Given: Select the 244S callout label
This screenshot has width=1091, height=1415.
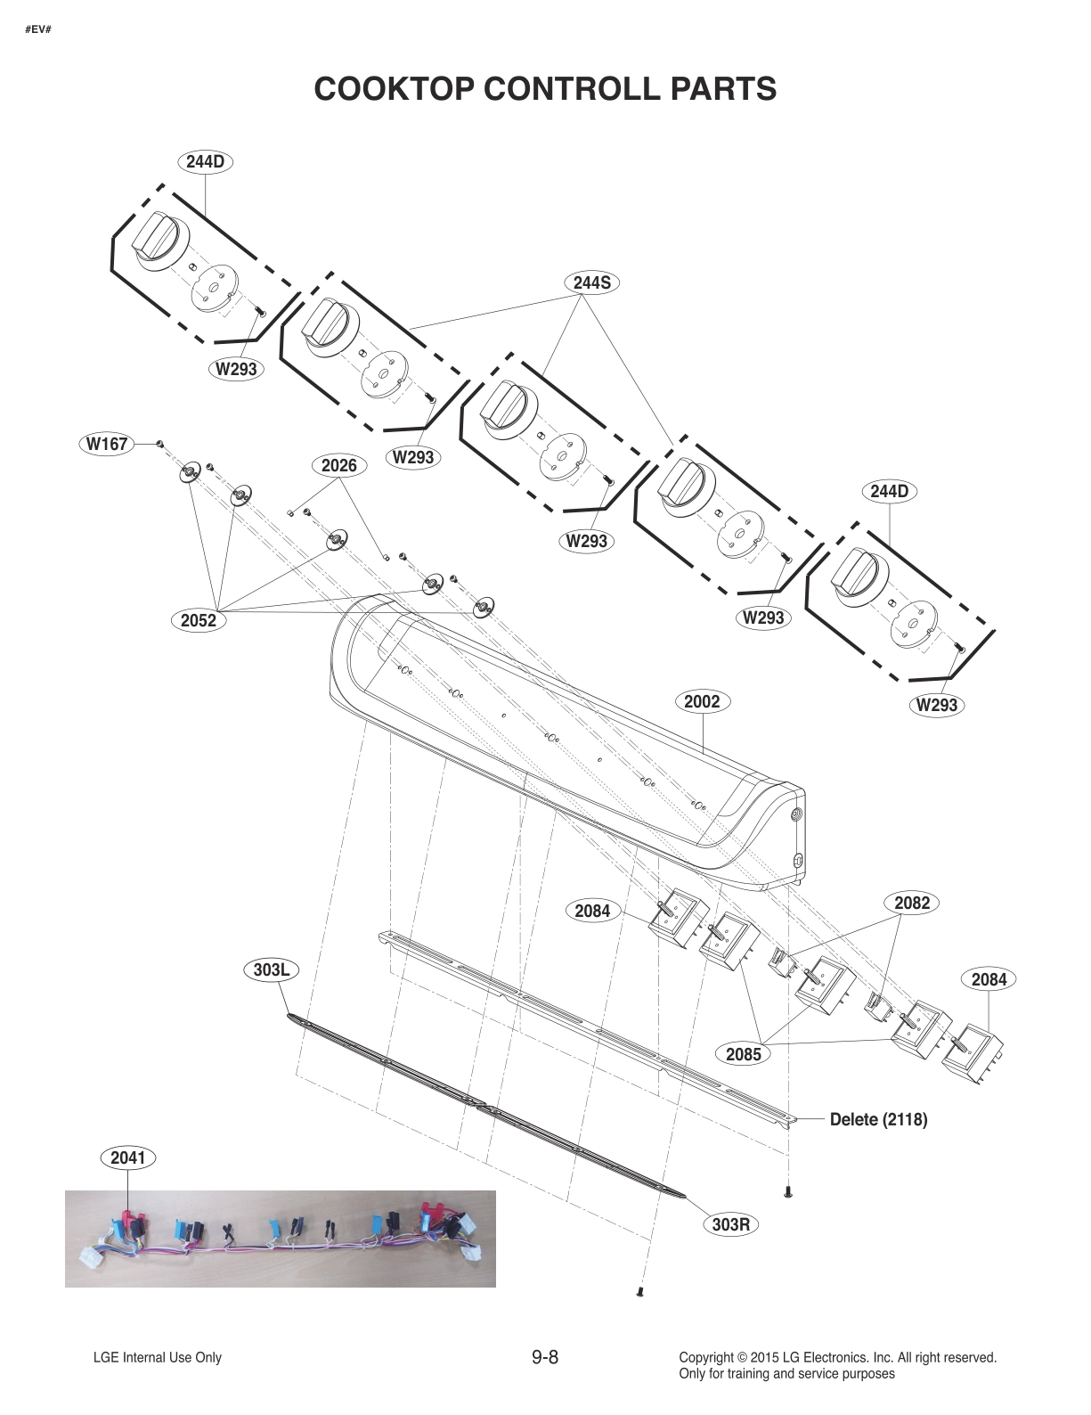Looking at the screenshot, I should tap(591, 282).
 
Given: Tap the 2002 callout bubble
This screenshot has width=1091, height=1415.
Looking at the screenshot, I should tap(702, 701).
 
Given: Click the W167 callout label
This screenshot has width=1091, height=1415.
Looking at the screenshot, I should tap(107, 443).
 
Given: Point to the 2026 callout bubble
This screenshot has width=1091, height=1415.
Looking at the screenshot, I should tap(338, 465).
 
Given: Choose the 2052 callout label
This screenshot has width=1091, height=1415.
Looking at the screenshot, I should tap(199, 620).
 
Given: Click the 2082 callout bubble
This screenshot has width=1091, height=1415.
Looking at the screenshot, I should tap(912, 903).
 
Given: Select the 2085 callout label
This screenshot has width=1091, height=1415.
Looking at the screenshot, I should tap(744, 1054).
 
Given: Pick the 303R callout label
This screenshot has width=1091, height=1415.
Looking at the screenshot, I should tap(731, 1224).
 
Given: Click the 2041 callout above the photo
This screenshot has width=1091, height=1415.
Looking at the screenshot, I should tap(127, 1157).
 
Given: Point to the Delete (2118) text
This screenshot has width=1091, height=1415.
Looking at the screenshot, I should tap(878, 1119).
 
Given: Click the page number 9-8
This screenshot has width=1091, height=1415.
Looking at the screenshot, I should tap(544, 1357).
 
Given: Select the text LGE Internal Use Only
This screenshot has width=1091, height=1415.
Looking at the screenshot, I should tap(158, 1358).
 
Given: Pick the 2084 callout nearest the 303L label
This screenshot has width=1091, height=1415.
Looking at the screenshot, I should tap(592, 911).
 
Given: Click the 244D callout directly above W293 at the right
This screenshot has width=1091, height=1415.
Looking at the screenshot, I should tap(890, 491).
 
